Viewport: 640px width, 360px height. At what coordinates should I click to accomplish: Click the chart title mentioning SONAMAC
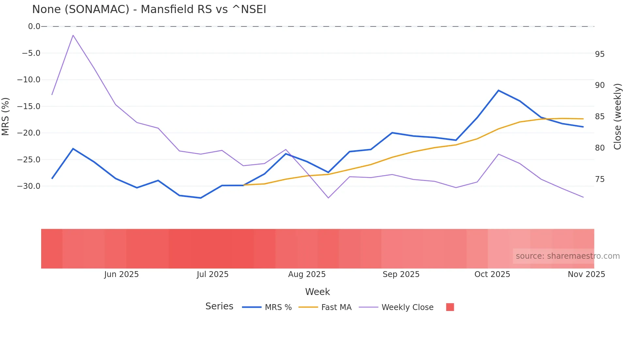pos(149,9)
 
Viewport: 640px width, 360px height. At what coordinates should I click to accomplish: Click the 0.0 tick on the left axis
pos(34,26)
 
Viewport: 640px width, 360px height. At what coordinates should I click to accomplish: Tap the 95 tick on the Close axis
pos(600,54)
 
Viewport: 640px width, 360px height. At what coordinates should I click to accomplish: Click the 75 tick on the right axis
pos(600,179)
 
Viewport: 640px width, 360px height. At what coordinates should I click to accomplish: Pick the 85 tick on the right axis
pos(600,117)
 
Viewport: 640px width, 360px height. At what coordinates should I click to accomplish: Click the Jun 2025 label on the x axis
pos(121,274)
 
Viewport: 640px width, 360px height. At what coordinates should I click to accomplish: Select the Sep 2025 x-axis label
pos(401,274)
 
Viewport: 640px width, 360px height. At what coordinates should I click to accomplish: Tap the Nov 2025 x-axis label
pos(586,274)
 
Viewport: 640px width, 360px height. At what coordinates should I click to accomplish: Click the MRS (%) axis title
pos(6,116)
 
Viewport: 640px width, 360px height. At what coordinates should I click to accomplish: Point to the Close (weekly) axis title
pos(617,117)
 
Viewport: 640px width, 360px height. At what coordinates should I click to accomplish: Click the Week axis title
pos(317,292)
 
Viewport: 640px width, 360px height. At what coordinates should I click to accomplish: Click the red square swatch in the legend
pos(450,307)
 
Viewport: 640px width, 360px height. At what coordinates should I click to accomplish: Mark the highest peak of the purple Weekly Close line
pos(73,35)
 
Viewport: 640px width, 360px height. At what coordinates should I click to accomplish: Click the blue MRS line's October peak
pos(498,90)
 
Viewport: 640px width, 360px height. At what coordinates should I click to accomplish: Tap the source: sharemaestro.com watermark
pos(568,256)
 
